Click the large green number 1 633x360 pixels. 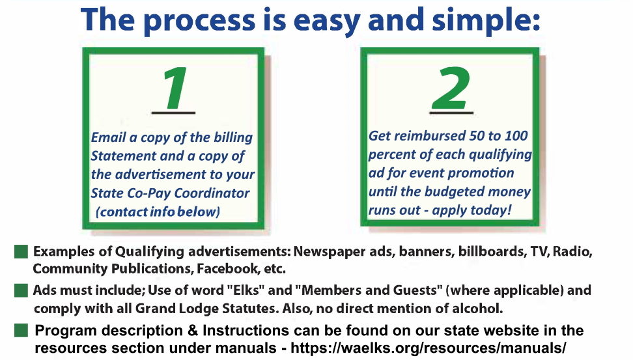(175, 88)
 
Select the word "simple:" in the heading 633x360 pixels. (486, 20)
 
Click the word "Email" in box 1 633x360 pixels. (108, 137)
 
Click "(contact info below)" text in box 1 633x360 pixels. (158, 212)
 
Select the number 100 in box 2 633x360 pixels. (516, 135)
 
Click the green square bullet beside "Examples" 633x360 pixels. (21, 251)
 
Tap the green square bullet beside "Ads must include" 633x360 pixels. (21, 290)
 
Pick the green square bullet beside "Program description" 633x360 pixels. (21, 330)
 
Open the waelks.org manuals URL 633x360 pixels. (429, 348)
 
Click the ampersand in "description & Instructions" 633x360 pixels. (193, 330)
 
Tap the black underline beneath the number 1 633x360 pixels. (174, 113)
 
